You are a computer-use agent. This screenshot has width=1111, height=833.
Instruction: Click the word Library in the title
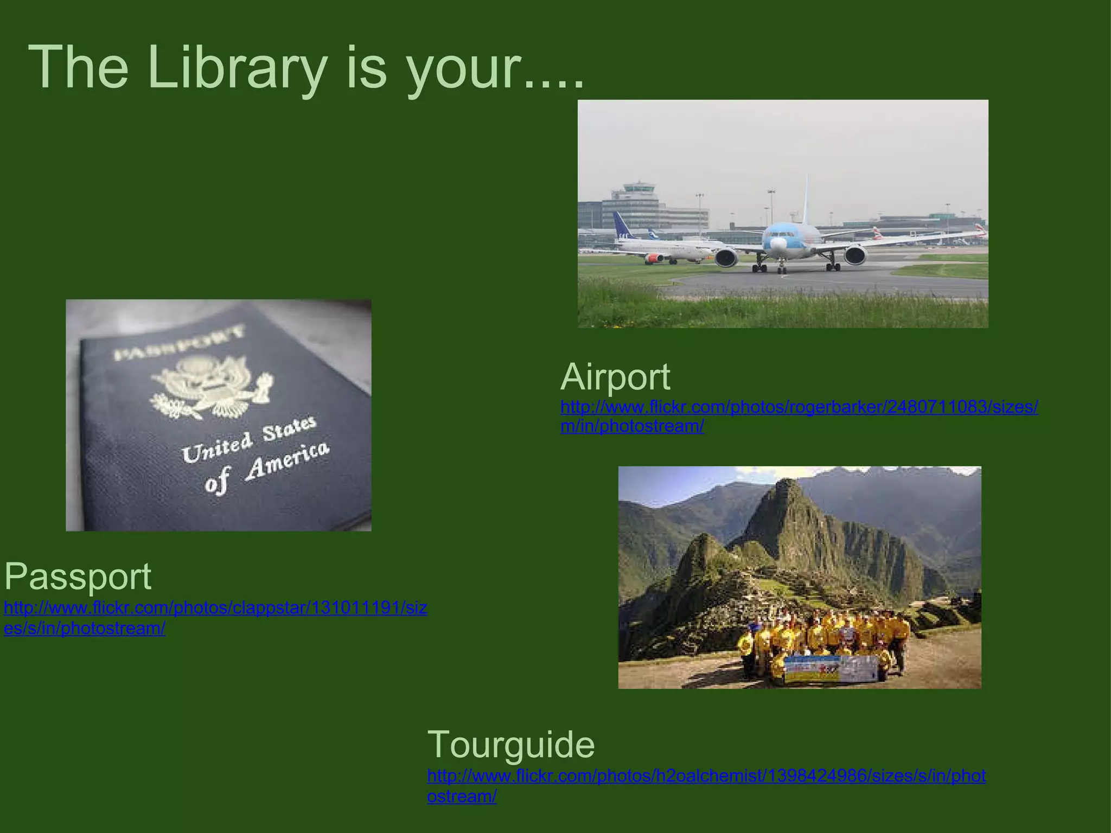coord(237,68)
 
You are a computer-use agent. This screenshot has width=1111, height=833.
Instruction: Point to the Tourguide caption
coord(510,744)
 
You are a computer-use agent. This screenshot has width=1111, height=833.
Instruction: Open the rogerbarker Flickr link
coord(799,407)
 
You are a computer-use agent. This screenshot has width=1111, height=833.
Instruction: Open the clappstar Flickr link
coord(215,608)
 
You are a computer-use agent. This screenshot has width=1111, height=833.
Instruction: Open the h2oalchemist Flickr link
coord(706,776)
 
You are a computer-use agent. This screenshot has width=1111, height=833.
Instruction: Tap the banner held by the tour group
coord(830,668)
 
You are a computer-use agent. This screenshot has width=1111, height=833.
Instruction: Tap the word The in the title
coord(78,68)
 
